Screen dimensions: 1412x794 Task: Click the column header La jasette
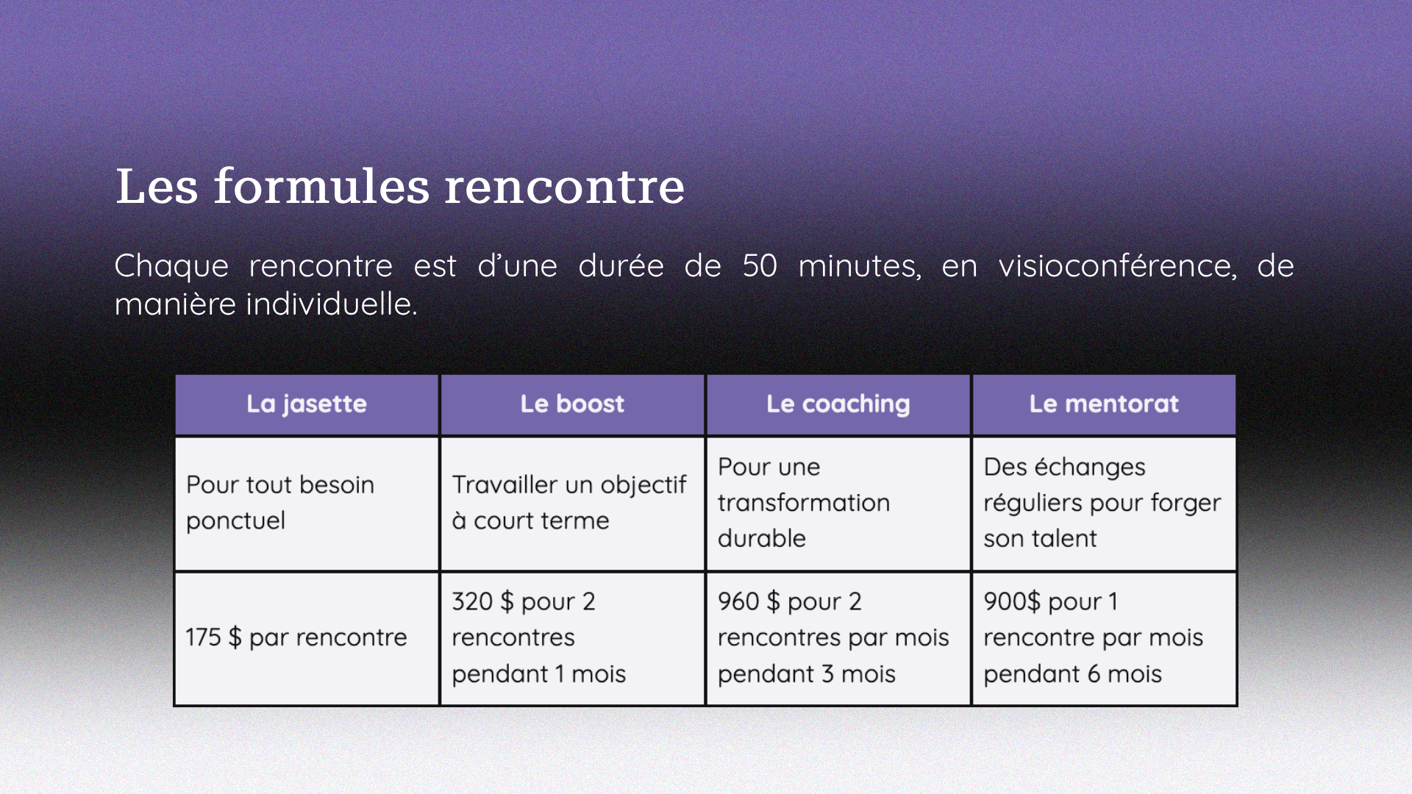coord(307,404)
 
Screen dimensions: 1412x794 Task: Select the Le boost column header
coord(572,404)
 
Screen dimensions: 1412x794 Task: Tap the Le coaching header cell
coord(838,404)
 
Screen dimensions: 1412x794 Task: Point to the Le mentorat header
coord(1104,404)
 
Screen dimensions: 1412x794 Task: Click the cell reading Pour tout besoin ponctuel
coord(307,504)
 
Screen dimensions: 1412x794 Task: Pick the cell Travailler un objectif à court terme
coord(572,504)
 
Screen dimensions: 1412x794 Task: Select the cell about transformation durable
coord(838,504)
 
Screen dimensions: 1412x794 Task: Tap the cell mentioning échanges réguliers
coord(1104,504)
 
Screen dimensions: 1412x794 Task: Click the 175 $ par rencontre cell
coord(307,638)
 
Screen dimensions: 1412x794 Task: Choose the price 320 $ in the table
coord(482,601)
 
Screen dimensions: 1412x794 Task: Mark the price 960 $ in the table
coord(749,601)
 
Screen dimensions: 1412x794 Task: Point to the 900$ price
coord(1012,601)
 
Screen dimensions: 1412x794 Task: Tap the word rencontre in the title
coord(565,187)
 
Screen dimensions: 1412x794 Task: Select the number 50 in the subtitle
coord(760,266)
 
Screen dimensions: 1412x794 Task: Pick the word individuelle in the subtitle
coord(332,304)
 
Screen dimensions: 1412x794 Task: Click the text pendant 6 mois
coord(1073,675)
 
